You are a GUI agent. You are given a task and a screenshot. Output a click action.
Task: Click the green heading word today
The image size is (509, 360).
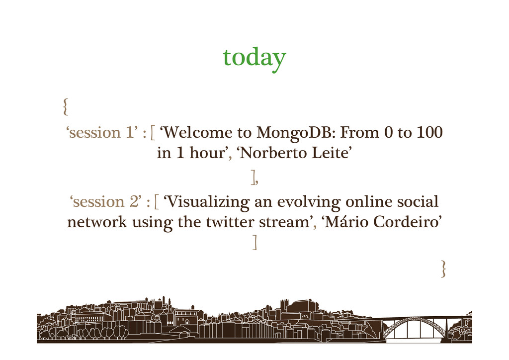coord(254,58)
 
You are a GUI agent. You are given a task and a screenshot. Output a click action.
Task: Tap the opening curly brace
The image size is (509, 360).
coord(65,107)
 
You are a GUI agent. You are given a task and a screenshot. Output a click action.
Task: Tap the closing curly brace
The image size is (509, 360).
coord(443,269)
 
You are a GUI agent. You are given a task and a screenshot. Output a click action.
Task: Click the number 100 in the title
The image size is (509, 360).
coord(430,132)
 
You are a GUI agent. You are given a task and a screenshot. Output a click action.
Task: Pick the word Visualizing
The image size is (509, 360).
coord(206,202)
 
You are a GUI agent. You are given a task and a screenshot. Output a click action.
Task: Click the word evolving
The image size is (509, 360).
coord(309,202)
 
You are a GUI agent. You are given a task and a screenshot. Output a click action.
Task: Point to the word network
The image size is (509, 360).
coord(97,222)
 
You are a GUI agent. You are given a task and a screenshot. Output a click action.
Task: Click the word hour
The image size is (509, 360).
coord(207,153)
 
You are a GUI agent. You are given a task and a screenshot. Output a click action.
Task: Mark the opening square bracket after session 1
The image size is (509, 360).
coord(153,133)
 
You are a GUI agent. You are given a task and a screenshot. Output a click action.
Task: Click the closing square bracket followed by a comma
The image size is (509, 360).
coord(254,178)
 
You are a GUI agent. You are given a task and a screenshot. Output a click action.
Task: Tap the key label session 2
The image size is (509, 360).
coord(105,202)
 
